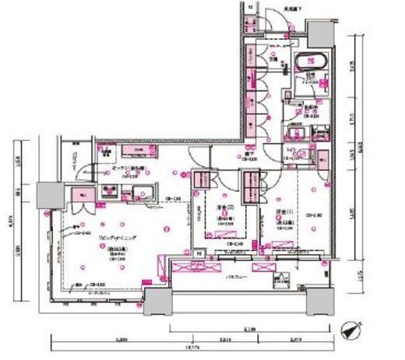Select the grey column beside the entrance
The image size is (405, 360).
319,32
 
